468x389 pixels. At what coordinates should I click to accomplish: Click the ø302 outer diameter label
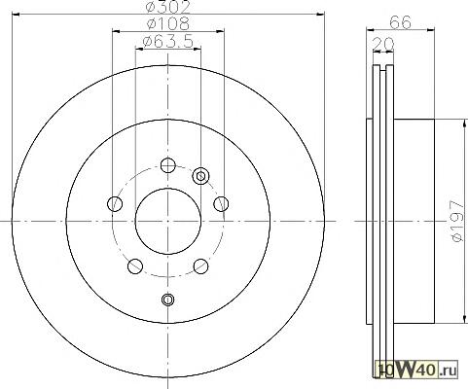click(168, 7)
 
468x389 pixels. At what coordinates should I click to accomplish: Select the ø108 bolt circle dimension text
click(168, 23)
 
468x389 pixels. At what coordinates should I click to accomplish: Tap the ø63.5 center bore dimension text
click(168, 42)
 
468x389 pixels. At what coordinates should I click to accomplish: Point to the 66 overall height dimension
click(400, 22)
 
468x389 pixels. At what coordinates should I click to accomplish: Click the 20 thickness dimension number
click(382, 44)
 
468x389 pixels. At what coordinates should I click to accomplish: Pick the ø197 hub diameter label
click(456, 221)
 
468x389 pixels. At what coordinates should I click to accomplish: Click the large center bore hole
click(167, 221)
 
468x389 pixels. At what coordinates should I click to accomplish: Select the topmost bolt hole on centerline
click(168, 165)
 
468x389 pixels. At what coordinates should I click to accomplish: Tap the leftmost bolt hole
click(115, 204)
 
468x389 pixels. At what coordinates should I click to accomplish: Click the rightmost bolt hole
click(221, 204)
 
